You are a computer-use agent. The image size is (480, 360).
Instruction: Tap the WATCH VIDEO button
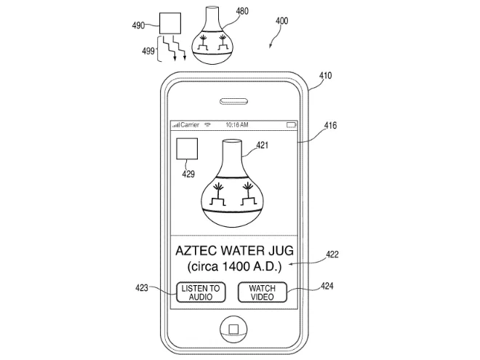262,293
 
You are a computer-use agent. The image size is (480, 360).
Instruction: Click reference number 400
281,21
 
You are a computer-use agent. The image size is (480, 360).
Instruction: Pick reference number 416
329,126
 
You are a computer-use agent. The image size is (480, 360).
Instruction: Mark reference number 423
140,288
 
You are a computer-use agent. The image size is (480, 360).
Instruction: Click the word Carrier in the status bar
189,124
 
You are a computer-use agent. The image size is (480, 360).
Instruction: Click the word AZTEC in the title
198,251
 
